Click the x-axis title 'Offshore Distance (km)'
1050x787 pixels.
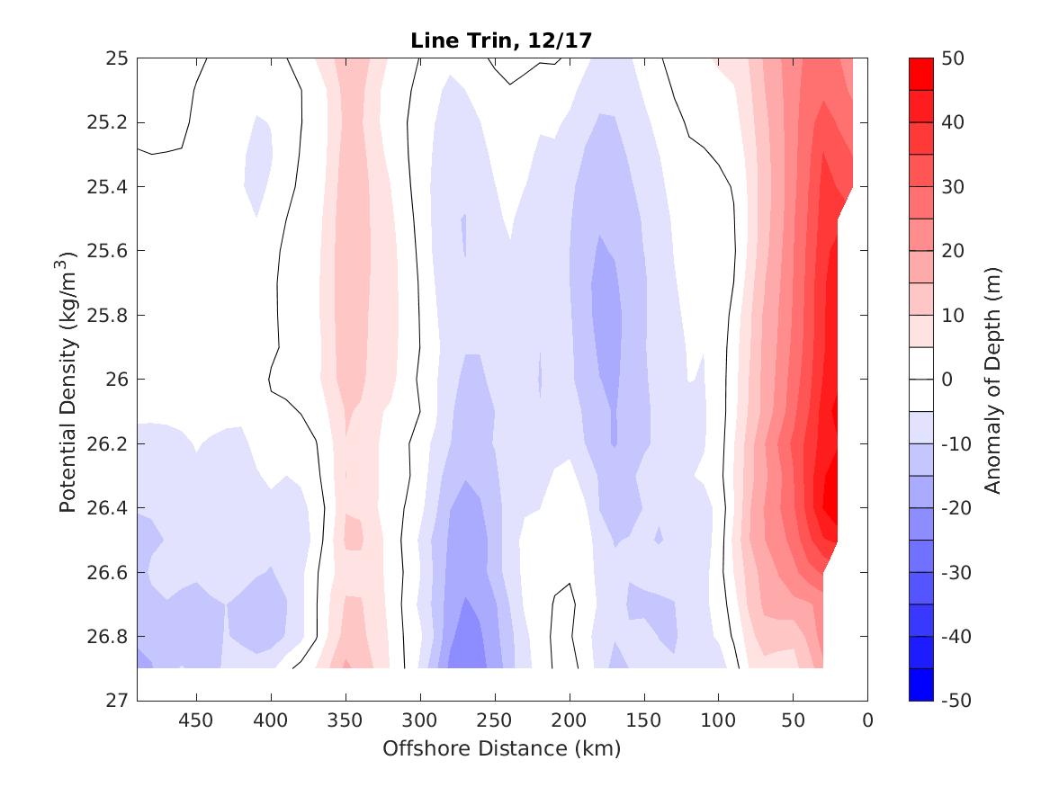click(x=502, y=748)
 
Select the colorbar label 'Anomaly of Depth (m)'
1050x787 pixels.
click(x=992, y=380)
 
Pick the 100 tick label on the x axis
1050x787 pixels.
click(x=718, y=720)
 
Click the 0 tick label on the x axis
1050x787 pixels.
click(x=867, y=720)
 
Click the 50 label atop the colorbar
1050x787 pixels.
click(x=954, y=58)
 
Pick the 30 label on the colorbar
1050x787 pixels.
click(x=954, y=187)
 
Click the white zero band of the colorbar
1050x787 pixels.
click(x=920, y=380)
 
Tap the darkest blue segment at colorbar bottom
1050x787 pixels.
click(x=920, y=684)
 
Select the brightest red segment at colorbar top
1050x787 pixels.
click(x=920, y=75)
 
